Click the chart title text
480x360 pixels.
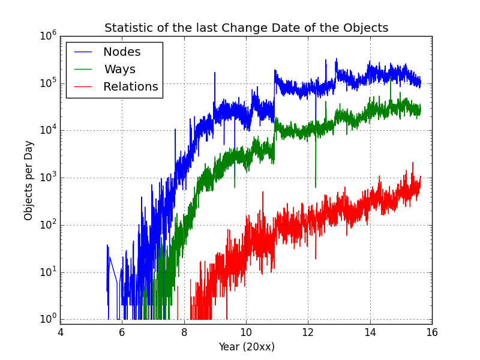point(246,28)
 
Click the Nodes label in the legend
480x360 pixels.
point(122,52)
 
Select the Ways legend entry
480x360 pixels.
point(119,70)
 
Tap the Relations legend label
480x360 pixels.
point(130,87)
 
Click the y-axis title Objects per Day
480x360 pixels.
point(29,180)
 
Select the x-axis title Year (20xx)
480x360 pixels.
point(246,347)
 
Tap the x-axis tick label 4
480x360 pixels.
point(60,332)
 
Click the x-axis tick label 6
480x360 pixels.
point(122,332)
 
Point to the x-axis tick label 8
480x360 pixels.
point(184,332)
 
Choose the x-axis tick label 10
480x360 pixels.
point(246,332)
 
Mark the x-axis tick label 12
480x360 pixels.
point(308,332)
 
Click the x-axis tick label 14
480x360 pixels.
point(370,332)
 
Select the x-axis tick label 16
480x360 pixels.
point(432,332)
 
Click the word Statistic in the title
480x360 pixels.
point(128,28)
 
